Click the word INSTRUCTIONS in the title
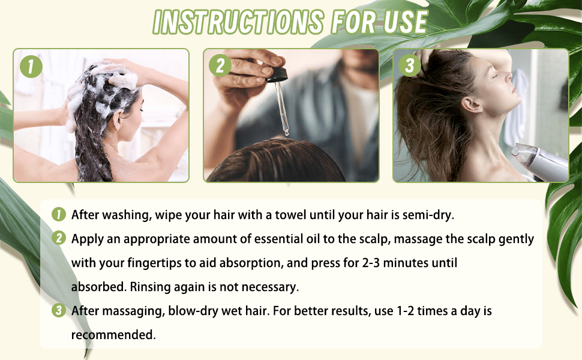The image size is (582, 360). coord(238,22)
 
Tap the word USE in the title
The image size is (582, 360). coord(406,22)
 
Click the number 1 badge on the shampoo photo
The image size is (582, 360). coord(31,67)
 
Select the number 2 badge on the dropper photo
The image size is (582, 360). coord(220,66)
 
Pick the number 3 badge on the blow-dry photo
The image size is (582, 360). coord(409,66)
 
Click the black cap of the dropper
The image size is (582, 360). coord(279,73)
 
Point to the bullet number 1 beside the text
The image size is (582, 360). coord(59,214)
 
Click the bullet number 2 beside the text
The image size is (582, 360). coord(59,238)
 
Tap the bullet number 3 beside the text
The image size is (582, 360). coord(59,310)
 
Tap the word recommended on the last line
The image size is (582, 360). coord(113,335)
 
